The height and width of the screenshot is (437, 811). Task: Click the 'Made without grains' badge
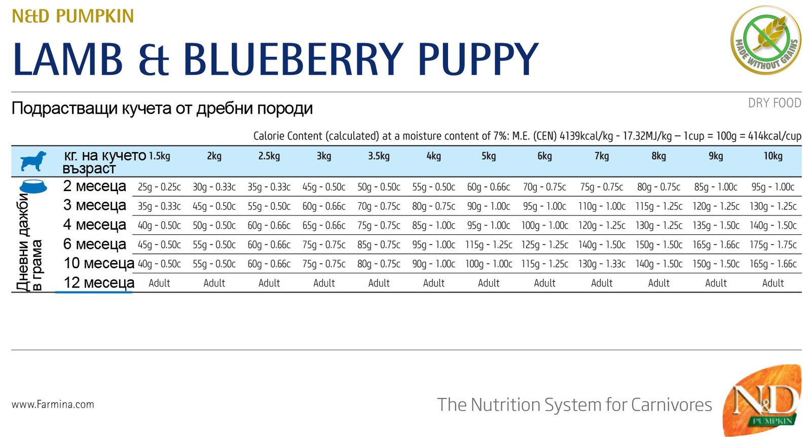pos(766,41)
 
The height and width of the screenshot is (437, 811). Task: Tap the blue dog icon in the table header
pos(33,161)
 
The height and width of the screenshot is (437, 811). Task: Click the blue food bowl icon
pos(33,187)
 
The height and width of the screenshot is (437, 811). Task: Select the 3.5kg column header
pos(379,156)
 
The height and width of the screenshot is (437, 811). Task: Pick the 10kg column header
pos(773,156)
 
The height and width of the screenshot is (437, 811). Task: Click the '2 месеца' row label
pos(95,186)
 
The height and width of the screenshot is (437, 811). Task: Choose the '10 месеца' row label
pos(99,264)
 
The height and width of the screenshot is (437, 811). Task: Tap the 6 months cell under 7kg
pos(602,245)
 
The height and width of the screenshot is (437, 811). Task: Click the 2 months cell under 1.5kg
pos(159,187)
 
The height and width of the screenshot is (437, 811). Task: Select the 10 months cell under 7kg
pos(602,264)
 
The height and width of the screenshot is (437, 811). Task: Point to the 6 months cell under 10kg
pos(773,245)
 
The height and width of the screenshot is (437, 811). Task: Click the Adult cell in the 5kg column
pos(489,283)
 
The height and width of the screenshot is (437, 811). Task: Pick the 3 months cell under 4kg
pos(433,206)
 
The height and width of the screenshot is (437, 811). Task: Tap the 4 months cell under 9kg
pos(716,226)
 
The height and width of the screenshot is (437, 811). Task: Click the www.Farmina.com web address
pos(53,405)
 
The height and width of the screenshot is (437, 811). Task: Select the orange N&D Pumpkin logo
pos(762,400)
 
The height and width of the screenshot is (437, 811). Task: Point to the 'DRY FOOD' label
pos(775,103)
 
